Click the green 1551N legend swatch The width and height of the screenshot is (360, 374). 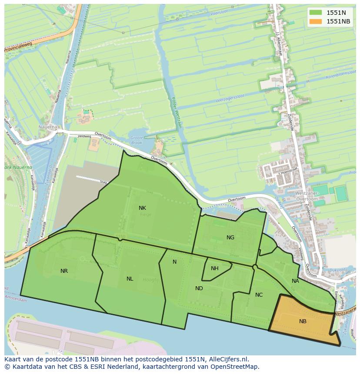[316, 13]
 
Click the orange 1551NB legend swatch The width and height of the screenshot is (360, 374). [316, 21]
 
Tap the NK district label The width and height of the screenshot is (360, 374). [142, 208]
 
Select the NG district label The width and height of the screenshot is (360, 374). [230, 237]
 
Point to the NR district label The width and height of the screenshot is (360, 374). [64, 271]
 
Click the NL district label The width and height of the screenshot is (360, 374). [130, 279]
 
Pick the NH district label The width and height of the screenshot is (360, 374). [214, 268]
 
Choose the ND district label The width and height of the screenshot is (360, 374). [199, 288]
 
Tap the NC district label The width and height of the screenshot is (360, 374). [259, 295]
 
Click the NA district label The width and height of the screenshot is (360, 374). [295, 281]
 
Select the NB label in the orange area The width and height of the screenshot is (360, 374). [303, 321]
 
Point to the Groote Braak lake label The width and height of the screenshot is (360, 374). [136, 140]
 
